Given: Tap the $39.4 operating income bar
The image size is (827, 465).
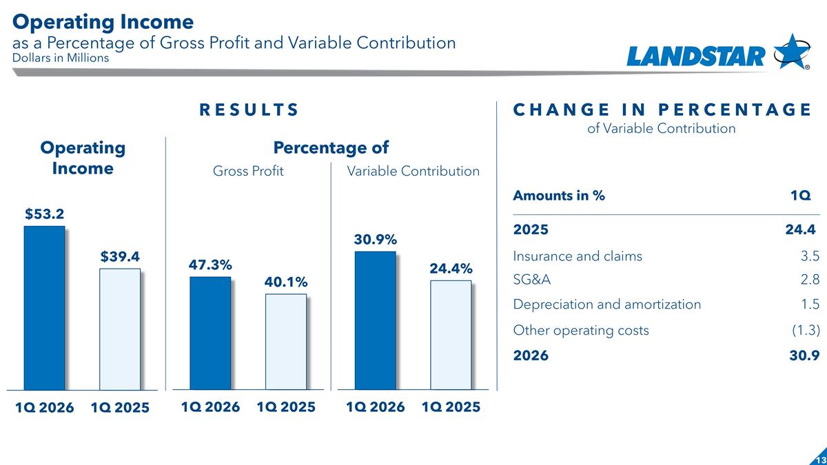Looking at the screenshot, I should point(120,329).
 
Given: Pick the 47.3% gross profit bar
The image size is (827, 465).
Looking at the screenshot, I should point(210,333).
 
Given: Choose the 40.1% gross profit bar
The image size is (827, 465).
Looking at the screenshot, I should point(285,342).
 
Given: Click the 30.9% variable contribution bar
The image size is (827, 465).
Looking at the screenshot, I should point(375,320).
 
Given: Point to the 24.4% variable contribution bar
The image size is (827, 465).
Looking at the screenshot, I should point(451,335).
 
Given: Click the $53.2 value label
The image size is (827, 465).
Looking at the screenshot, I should point(45,214).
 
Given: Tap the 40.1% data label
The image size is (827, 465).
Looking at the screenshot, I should point(286,282).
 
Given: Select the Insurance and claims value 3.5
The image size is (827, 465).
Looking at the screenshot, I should point(810,256).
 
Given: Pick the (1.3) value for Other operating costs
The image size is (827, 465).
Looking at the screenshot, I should point(804,330).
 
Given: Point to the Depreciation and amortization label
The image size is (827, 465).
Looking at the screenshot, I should point(606,304).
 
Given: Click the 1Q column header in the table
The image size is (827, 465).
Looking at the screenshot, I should point(800,196).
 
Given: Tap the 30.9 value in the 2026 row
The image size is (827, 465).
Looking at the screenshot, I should point(806,356).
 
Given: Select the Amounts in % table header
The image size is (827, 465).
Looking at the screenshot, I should point(559,196).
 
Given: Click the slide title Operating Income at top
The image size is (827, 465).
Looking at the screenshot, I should point(103,21).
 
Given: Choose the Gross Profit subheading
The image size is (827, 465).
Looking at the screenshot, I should point(248,171).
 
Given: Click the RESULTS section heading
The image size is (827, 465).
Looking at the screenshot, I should point(249,110).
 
